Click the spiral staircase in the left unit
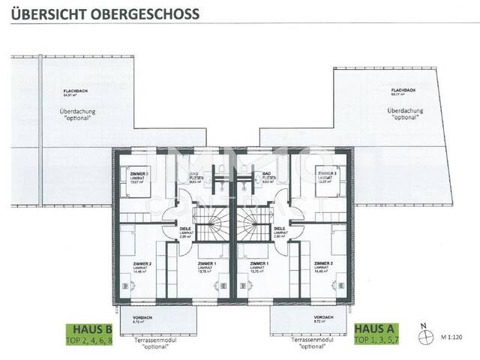click(x=214, y=224)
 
